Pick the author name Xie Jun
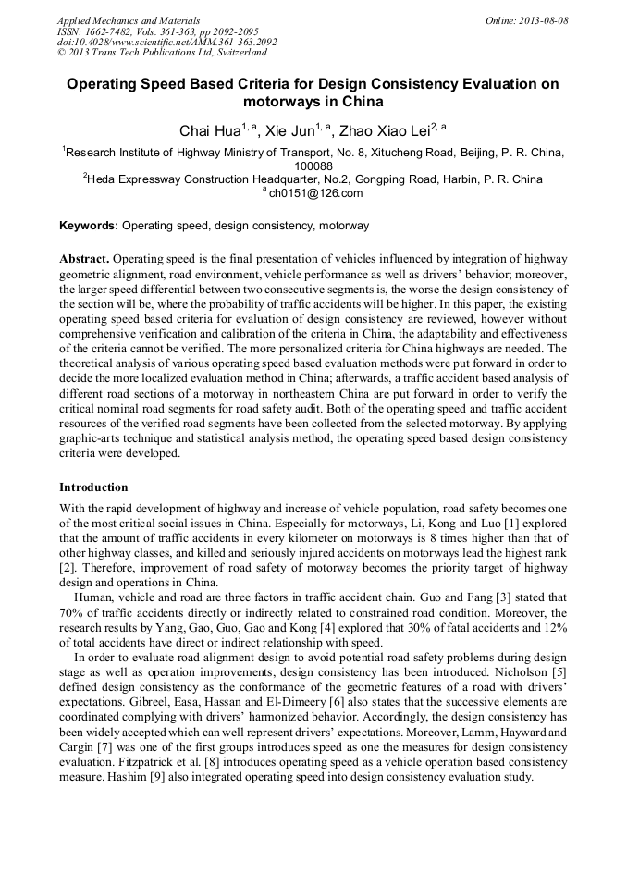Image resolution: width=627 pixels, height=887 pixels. pyautogui.click(x=289, y=130)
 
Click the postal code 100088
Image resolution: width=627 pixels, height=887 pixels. pyautogui.click(x=313, y=166)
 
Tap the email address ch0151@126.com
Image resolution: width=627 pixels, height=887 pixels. pyautogui.click(x=315, y=193)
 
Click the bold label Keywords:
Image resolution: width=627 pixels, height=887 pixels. pyautogui.click(x=89, y=225)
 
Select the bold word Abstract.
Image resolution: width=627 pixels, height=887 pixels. pyautogui.click(x=84, y=259)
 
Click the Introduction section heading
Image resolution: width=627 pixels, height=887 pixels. pyautogui.click(x=93, y=487)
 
